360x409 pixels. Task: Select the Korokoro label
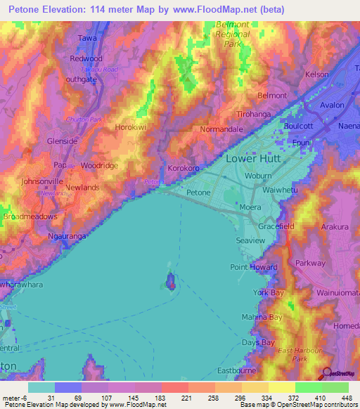coord(185,169)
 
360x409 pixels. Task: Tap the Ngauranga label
coord(67,237)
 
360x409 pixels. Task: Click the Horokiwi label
coord(131,127)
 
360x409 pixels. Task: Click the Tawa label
coord(87,38)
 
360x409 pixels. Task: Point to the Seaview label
coord(250,240)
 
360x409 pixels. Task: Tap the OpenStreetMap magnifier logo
coord(326,375)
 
